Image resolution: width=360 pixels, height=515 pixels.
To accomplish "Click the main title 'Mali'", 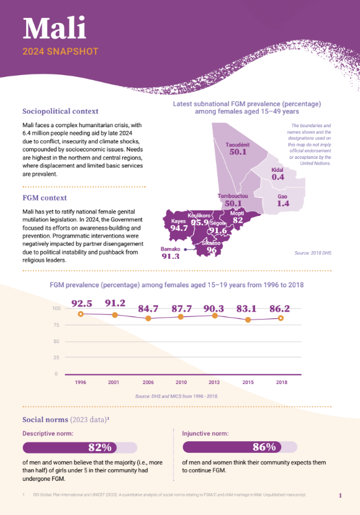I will (55, 28).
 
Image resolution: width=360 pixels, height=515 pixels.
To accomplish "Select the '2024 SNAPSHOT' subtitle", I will (60, 52).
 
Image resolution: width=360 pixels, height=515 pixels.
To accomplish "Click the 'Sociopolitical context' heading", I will (60, 111).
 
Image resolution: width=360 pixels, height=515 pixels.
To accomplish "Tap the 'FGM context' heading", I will (45, 198).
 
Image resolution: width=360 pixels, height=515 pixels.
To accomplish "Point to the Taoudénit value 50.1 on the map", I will (238, 151).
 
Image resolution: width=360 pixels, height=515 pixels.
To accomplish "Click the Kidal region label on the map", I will (277, 170).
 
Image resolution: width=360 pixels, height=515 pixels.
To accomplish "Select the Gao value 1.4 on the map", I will (283, 204).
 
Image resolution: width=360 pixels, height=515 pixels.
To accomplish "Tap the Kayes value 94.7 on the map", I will (179, 228).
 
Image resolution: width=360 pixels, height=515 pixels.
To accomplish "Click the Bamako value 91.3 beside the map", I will (171, 256).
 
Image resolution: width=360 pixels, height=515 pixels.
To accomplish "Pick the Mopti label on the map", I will (237, 213).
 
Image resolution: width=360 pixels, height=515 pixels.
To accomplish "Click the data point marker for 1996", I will (81, 314).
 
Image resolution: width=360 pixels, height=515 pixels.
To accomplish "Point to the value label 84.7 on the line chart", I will (148, 308).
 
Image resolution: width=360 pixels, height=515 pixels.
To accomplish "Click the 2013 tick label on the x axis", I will (214, 383).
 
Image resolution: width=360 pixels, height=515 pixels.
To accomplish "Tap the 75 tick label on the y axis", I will (56, 325).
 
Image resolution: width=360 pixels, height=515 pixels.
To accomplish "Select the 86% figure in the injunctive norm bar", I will (264, 447).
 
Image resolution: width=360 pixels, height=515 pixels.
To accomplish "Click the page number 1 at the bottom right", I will (340, 495).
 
